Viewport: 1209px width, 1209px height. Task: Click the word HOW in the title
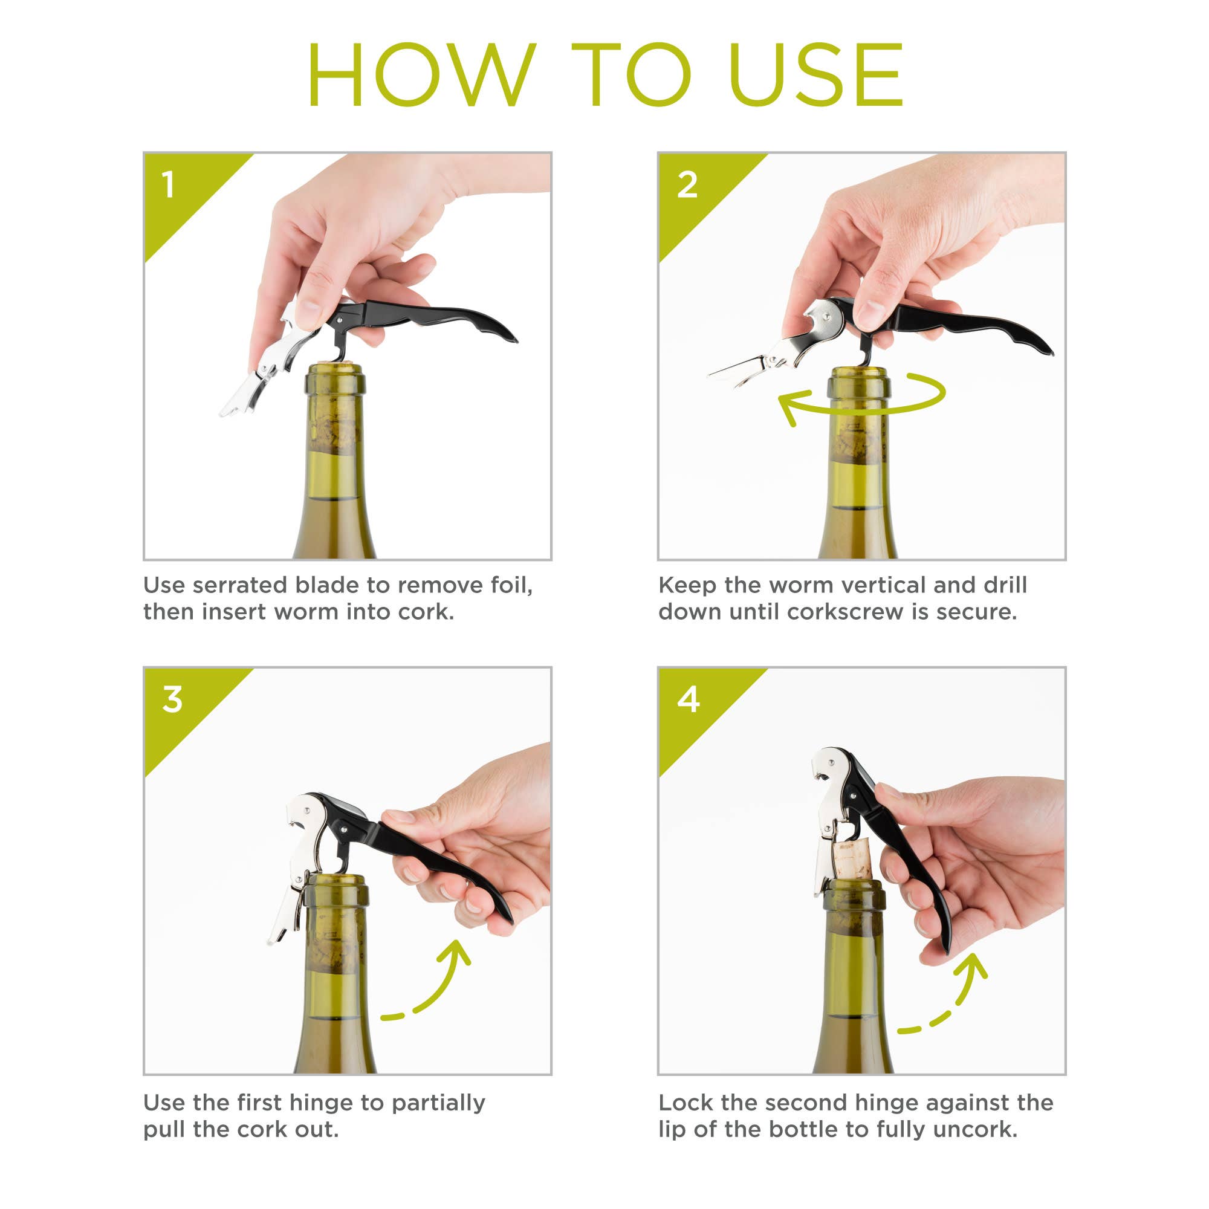coord(421,75)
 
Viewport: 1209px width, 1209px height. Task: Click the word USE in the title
coord(815,75)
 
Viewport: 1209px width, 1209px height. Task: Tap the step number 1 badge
coord(167,185)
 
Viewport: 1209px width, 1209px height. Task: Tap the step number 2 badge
coord(687,185)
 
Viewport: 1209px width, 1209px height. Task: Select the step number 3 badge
coord(172,699)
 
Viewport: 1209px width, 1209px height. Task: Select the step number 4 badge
coord(689,699)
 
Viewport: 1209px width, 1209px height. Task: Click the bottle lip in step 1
coord(335,379)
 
